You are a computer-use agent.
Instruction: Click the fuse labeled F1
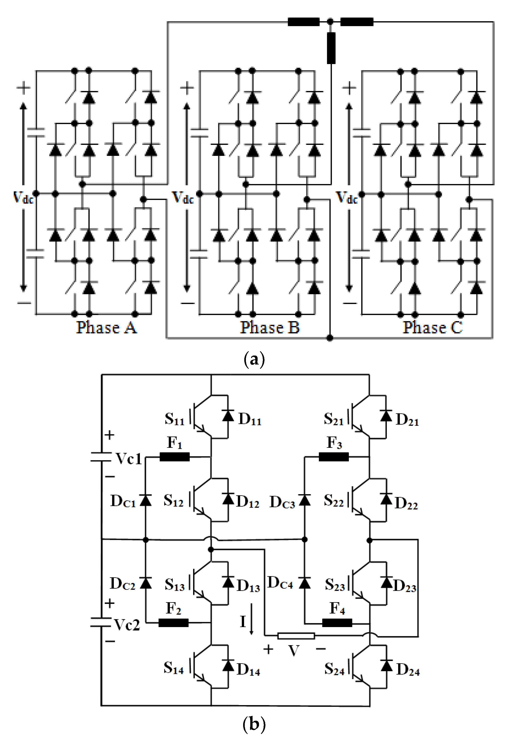(174, 457)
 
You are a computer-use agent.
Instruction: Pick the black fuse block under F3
(334, 457)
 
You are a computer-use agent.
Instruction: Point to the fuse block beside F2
(174, 623)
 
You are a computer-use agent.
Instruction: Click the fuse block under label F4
(337, 623)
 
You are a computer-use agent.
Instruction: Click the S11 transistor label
(174, 419)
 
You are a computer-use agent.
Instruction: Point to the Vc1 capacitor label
(129, 459)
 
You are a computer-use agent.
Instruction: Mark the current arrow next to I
(251, 619)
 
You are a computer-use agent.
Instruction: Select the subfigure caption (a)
(254, 359)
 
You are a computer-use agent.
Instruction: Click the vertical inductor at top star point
(331, 48)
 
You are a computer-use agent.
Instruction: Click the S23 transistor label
(335, 585)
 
